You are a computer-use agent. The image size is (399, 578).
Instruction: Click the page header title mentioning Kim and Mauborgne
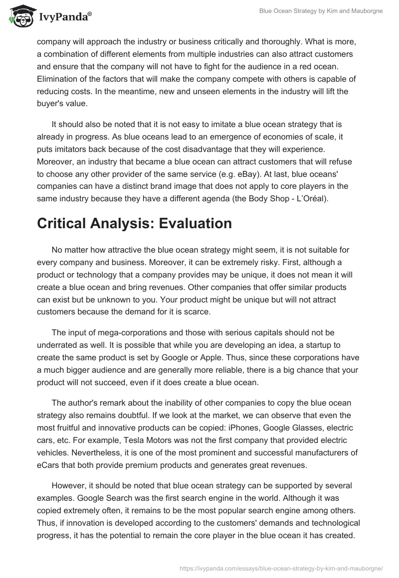coord(321,11)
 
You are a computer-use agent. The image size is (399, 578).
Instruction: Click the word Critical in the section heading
coord(62,224)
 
